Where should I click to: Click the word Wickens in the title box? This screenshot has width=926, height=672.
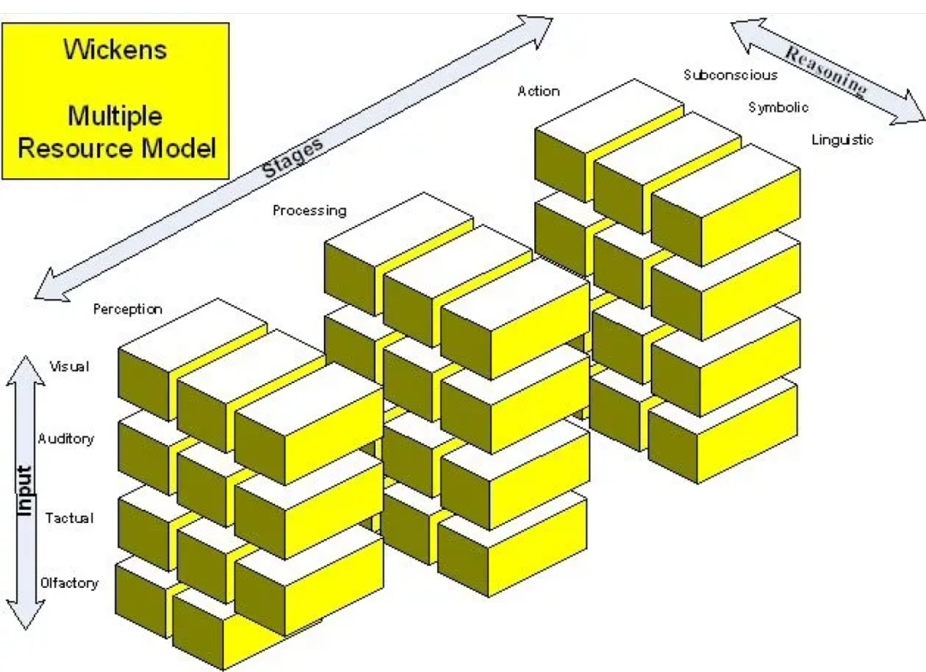[x=115, y=49]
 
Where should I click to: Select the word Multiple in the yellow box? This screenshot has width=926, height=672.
[x=115, y=115]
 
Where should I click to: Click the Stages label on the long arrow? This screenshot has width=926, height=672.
[x=293, y=158]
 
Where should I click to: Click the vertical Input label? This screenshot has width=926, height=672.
[x=24, y=491]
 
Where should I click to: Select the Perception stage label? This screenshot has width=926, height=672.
[x=128, y=309]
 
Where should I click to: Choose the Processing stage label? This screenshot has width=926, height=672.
[x=310, y=210]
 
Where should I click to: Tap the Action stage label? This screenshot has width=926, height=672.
[x=538, y=91]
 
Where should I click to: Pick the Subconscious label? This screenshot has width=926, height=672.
[x=731, y=75]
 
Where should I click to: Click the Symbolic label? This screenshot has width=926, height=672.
[x=779, y=107]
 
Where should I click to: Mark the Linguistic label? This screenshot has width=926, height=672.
[x=842, y=140]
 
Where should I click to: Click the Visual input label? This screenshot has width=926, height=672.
[x=69, y=367]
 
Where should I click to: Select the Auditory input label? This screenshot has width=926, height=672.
[x=66, y=439]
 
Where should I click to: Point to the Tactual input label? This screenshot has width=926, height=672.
[x=69, y=519]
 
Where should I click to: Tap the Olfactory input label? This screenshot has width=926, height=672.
[x=69, y=584]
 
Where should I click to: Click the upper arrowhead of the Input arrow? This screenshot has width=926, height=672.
[x=26, y=369]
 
